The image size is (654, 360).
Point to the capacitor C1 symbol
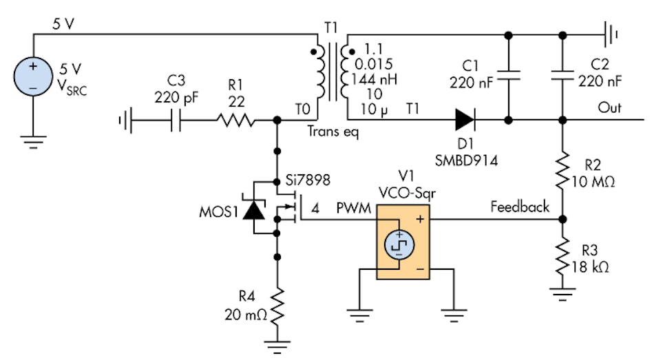(508, 76)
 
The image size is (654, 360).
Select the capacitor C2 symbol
(563, 76)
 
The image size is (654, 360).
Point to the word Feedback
(519, 206)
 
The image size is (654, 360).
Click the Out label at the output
(609, 109)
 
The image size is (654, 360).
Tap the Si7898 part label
(308, 180)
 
